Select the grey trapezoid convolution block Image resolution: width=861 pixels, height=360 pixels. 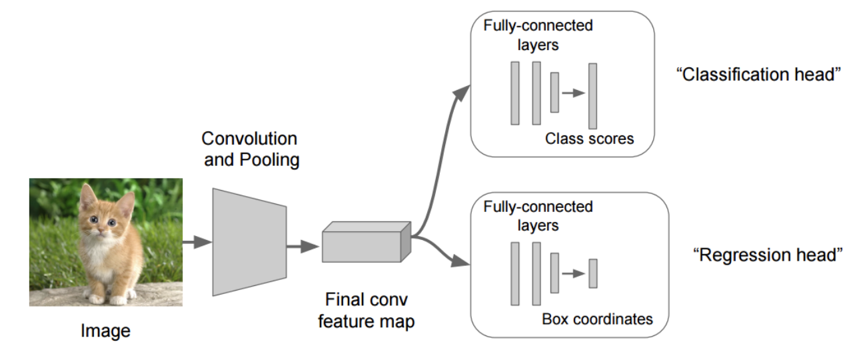pyautogui.click(x=249, y=241)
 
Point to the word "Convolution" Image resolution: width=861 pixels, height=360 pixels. pyautogui.click(x=249, y=139)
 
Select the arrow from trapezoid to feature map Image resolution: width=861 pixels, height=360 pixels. pyautogui.click(x=303, y=247)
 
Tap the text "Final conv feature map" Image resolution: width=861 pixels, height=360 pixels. pyautogui.click(x=366, y=310)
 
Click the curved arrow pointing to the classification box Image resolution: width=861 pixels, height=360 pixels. pyautogui.click(x=440, y=147)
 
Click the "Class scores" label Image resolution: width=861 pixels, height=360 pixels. pyautogui.click(x=589, y=139)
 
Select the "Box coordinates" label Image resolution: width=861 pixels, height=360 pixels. pyautogui.click(x=597, y=319)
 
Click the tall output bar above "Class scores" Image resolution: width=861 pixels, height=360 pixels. pyautogui.click(x=592, y=95)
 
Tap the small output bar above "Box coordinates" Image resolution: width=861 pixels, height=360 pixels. pyautogui.click(x=592, y=273)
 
